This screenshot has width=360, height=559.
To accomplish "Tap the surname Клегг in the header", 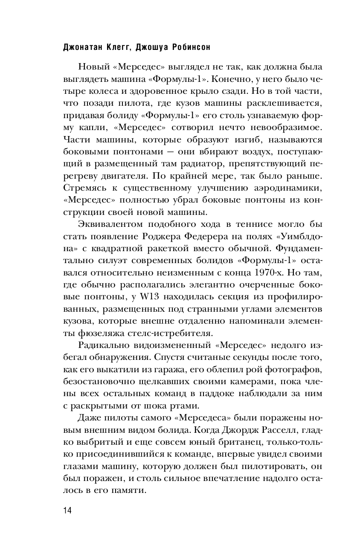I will [x=114, y=48].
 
